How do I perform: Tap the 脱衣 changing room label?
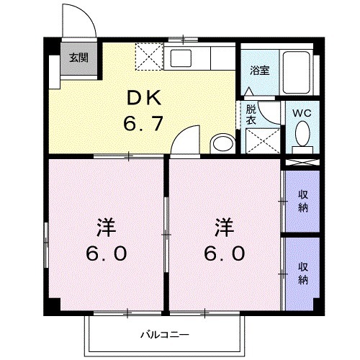click(251, 115)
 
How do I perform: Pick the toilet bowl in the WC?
click(302, 134)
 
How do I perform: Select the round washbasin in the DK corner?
click(223, 143)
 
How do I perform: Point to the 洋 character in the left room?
click(105, 228)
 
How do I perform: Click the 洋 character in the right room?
click(225, 228)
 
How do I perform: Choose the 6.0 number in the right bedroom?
click(225, 254)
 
